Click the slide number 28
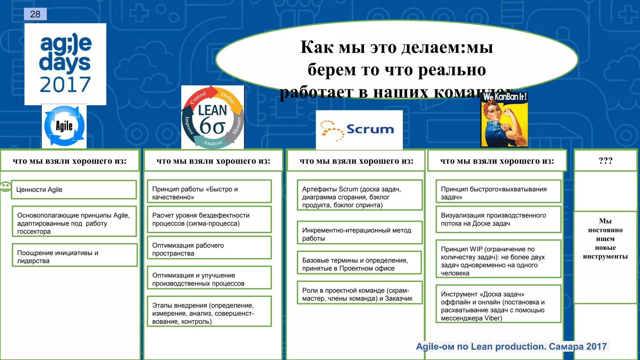click(35, 14)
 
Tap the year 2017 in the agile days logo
click(65, 84)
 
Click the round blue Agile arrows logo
click(64, 126)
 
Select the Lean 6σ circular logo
click(212, 117)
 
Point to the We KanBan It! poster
click(504, 120)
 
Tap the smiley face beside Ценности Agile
click(5, 187)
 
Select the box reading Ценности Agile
click(74, 190)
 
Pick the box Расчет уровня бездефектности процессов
click(209, 219)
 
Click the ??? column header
click(605, 161)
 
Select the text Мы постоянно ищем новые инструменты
click(605, 238)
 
